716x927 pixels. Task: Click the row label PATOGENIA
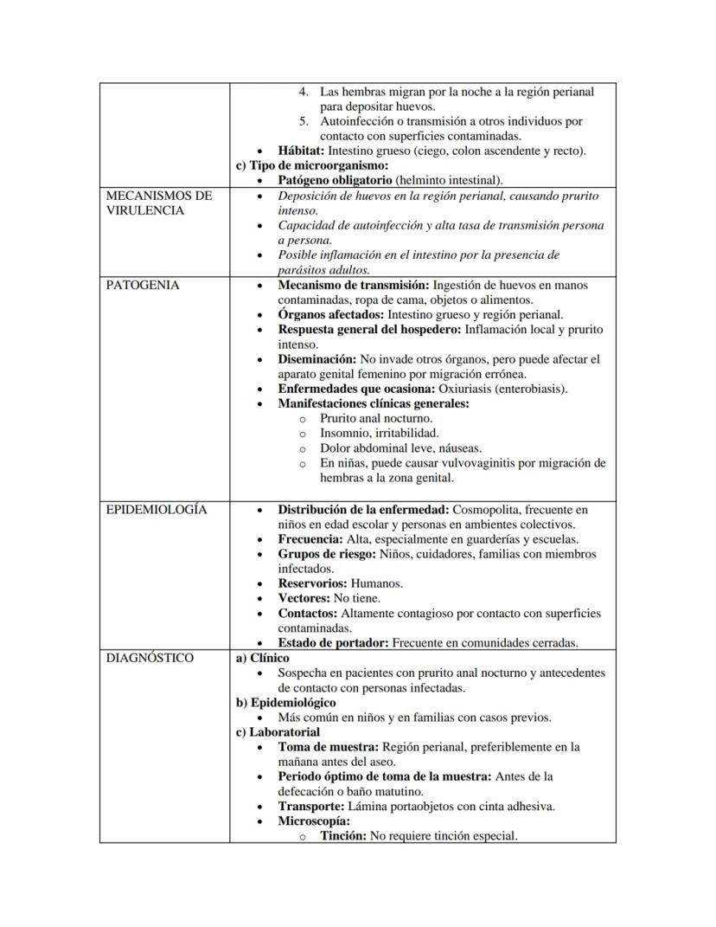143,285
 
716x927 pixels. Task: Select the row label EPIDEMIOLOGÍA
157,510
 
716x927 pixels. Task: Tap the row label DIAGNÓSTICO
150,658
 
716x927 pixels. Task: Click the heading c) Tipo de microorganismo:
312,165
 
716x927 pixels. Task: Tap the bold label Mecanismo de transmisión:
353,285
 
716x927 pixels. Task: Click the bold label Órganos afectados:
331,314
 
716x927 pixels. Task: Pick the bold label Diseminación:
316,359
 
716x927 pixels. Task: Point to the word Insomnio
346,433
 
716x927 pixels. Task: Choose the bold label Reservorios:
312,583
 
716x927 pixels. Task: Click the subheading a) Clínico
263,658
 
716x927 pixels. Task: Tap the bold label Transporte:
310,807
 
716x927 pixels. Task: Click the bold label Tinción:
343,836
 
